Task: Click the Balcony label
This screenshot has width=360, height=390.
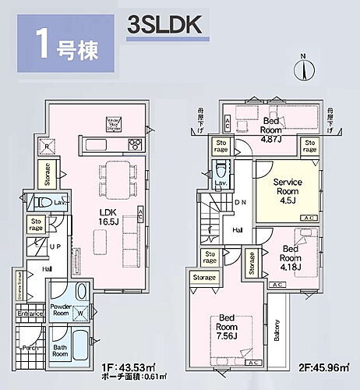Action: (x=277, y=335)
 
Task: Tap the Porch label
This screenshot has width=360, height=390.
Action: (x=30, y=348)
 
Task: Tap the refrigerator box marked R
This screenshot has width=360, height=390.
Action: (x=47, y=147)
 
